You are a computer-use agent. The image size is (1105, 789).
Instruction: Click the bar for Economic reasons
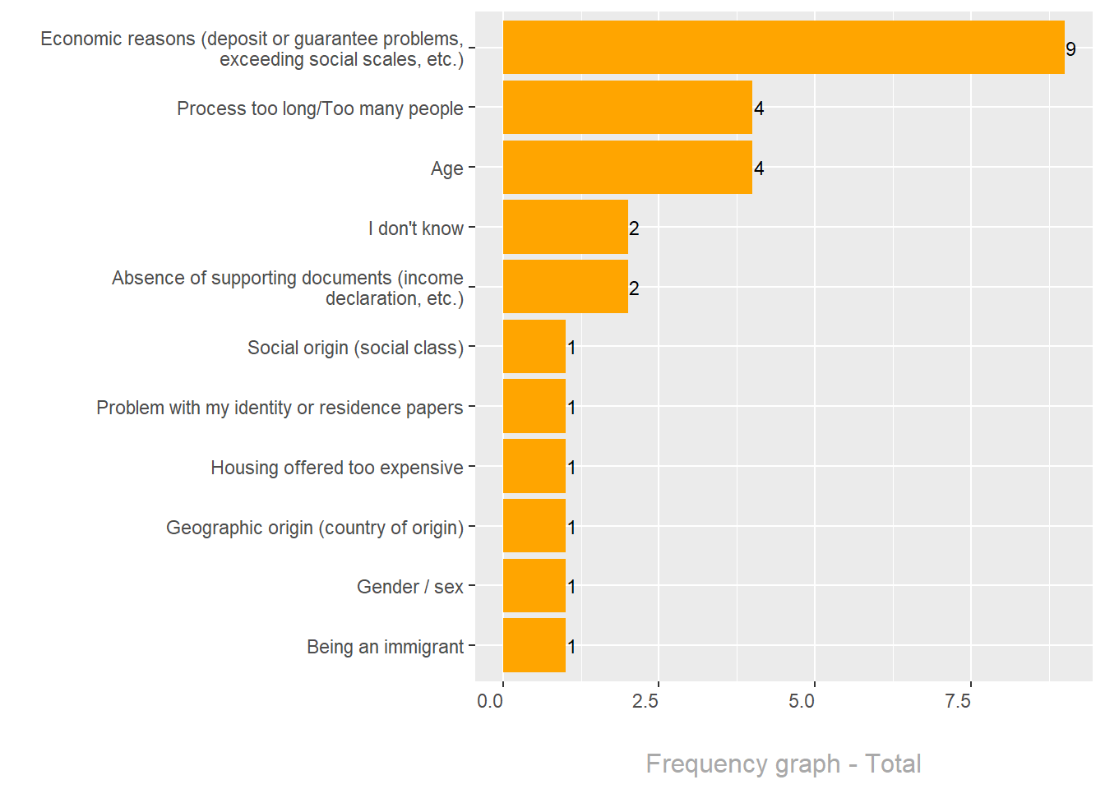pos(783,48)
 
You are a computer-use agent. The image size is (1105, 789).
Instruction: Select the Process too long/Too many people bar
pos(627,108)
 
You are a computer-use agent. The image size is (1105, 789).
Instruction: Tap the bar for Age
pos(627,168)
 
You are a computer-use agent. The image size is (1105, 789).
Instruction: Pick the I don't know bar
pos(565,228)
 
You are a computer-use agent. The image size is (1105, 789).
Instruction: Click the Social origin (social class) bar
pos(534,347)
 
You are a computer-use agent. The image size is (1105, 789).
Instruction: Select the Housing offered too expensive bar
pos(534,467)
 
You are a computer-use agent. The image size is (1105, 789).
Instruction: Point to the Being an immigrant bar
pos(534,646)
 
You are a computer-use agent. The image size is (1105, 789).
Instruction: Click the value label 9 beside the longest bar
pos(1070,49)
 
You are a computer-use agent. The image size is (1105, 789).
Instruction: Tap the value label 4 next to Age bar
pos(759,168)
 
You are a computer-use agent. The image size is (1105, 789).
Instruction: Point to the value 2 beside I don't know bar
pos(634,228)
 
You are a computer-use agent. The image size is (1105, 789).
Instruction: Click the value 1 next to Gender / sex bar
pos(571,587)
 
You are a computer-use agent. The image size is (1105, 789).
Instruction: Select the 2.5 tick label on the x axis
pos(645,701)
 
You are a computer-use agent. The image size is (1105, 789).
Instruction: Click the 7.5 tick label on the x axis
pos(958,701)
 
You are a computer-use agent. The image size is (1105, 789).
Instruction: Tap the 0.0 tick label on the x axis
pos(490,701)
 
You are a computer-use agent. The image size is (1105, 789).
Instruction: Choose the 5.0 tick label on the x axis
pos(802,701)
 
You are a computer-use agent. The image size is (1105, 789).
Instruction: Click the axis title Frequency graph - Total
pos(783,764)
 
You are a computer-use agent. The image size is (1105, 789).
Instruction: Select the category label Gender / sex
pos(409,587)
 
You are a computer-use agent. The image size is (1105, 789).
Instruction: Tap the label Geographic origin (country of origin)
pos(315,527)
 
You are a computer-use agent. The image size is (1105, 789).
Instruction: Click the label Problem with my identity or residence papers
pos(280,408)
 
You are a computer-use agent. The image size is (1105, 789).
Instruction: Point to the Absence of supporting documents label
pos(288,288)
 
